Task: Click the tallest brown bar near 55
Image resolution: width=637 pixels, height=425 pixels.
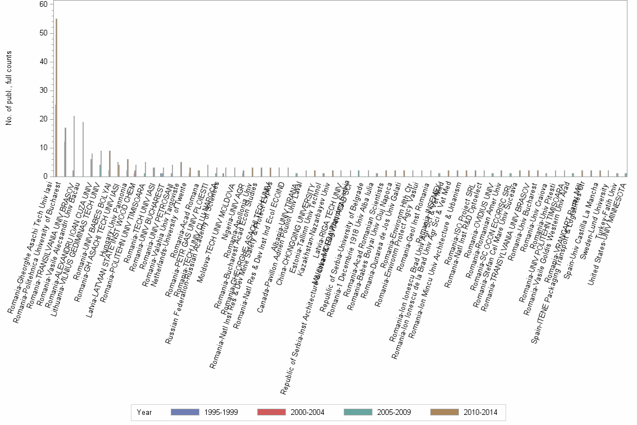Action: coord(56,98)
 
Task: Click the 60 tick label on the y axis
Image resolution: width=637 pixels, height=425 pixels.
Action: coord(43,4)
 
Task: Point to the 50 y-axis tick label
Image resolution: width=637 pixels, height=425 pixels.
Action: coord(43,33)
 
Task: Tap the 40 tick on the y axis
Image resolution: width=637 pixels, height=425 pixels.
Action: coord(43,62)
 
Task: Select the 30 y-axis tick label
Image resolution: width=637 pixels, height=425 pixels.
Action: coord(43,91)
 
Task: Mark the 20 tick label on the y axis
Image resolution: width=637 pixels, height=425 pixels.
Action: coord(43,119)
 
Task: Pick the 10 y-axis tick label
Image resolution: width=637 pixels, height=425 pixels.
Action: coord(43,148)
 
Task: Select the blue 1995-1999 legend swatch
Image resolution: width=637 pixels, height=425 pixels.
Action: coord(185,412)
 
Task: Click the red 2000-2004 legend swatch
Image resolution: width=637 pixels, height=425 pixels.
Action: coord(271,412)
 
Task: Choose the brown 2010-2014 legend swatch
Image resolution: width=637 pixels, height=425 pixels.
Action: coord(444,412)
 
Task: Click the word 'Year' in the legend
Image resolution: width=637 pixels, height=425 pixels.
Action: coord(144,413)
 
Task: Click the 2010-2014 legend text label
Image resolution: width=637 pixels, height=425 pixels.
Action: coord(480,413)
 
